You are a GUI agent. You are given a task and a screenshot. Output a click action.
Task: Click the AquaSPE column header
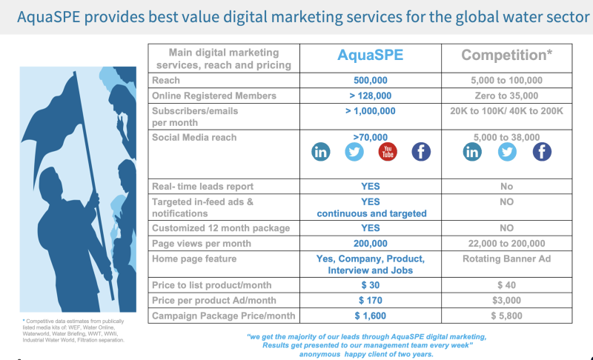370,55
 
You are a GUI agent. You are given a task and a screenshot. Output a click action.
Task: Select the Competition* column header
506,55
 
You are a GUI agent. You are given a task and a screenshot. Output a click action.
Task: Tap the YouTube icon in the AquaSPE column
388,152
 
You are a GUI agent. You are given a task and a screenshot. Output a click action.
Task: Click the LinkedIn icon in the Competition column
472,152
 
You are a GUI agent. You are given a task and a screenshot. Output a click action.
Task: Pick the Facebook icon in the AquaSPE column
421,152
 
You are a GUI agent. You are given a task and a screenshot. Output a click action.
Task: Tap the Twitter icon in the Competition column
507,152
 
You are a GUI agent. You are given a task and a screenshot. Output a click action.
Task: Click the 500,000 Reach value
370,81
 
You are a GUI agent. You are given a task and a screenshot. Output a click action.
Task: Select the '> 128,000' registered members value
370,96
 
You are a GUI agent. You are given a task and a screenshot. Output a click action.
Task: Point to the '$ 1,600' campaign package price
370,316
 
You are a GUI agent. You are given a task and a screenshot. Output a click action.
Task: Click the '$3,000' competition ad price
506,300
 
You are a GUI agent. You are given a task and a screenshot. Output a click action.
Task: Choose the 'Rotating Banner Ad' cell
506,259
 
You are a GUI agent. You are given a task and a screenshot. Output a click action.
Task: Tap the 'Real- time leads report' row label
202,187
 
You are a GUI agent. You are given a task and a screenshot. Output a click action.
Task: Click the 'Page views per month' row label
202,244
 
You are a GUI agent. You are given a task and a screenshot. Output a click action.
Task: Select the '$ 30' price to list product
370,285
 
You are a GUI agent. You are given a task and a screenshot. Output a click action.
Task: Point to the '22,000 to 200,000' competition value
506,244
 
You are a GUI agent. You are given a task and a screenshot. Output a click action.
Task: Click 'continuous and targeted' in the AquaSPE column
371,214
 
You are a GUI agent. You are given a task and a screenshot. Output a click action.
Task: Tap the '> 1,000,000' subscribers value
370,111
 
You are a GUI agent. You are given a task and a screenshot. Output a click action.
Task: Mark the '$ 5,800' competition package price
506,316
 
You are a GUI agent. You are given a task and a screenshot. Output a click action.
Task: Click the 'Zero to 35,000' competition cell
506,96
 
